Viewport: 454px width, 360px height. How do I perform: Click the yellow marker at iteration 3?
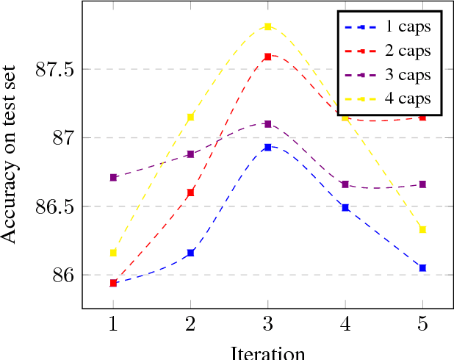pyautogui.click(x=268, y=26)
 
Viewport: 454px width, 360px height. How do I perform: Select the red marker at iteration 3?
pyautogui.click(x=268, y=57)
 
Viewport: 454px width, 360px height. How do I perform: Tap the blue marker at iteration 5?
pyautogui.click(x=422, y=268)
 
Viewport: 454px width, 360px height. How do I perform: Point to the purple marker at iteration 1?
pyautogui.click(x=113, y=178)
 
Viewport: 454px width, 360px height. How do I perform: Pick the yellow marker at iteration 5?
pyautogui.click(x=422, y=230)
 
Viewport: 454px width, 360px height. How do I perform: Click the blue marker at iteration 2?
pyautogui.click(x=191, y=253)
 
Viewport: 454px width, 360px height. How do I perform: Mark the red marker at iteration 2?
pyautogui.click(x=191, y=192)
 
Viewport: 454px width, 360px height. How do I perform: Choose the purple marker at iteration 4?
pyautogui.click(x=345, y=184)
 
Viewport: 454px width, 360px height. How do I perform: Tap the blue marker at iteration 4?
pyautogui.click(x=345, y=208)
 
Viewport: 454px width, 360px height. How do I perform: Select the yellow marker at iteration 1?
pyautogui.click(x=113, y=253)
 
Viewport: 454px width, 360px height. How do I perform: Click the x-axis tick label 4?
pyautogui.click(x=345, y=323)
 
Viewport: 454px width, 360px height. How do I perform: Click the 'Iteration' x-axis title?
pyautogui.click(x=268, y=352)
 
